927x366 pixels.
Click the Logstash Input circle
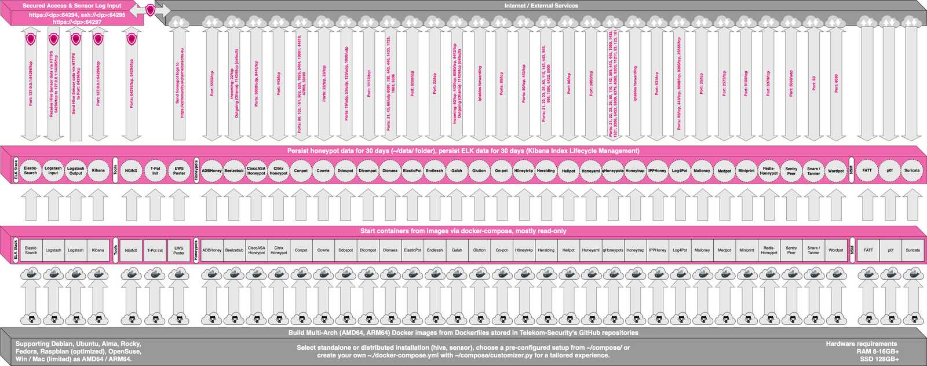[x=53, y=171]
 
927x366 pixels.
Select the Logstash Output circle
[x=76, y=171]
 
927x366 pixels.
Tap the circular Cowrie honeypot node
[x=323, y=171]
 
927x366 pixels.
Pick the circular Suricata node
[x=912, y=171]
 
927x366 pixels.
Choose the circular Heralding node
[x=546, y=171]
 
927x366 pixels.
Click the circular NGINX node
[x=132, y=171]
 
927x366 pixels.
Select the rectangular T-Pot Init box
[x=155, y=251]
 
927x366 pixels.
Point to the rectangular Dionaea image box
[x=390, y=251]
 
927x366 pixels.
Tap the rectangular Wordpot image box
[x=836, y=251]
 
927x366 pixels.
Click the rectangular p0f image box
[x=890, y=251]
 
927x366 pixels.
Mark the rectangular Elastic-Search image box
[x=31, y=251]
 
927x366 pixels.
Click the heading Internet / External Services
[x=541, y=6]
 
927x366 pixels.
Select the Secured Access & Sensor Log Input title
[x=72, y=6]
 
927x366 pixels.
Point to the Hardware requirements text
[x=861, y=344]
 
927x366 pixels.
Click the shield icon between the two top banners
[x=151, y=10]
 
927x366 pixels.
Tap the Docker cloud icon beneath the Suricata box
[x=912, y=274]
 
